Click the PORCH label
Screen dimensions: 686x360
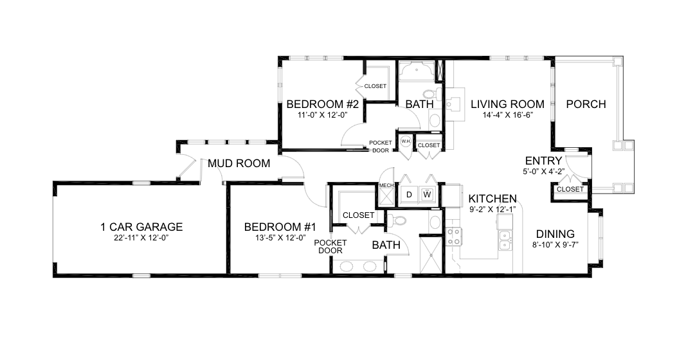586,104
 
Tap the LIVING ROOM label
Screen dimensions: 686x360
507,104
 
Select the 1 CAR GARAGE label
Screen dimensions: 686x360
141,226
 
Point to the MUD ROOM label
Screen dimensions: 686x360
239,163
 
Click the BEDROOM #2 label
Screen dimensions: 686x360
323,104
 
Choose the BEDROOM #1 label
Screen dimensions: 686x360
280,226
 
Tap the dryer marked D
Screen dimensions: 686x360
409,194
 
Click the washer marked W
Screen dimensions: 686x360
427,194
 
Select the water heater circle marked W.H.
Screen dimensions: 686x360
406,141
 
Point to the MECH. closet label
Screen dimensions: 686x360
386,186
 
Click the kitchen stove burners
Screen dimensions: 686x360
454,236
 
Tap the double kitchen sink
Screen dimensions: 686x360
506,240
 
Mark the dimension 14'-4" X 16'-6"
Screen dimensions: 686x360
507,116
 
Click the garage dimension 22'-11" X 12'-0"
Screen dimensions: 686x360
141,238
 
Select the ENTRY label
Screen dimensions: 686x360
543,161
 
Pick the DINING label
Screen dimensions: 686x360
555,234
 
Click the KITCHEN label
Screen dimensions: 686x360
492,199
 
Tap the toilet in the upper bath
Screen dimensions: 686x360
431,94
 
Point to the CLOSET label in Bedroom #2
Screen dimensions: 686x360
375,86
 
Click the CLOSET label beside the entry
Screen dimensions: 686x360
570,189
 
